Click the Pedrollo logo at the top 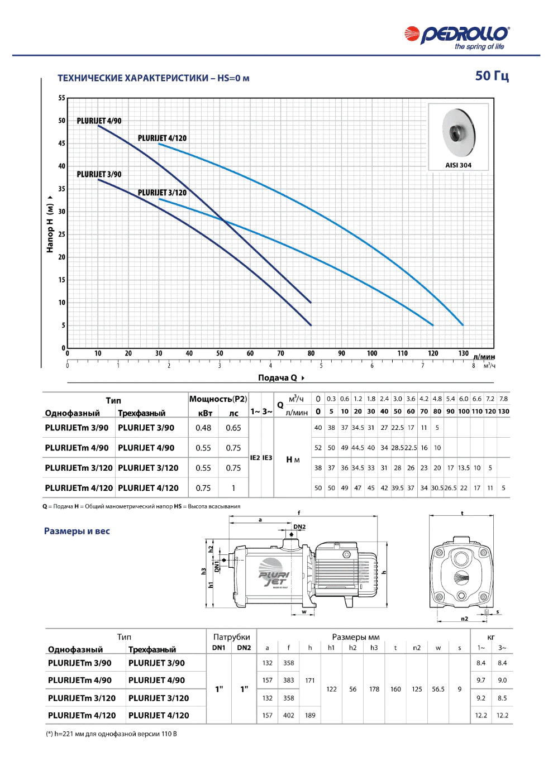point(457,37)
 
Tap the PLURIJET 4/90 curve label point(99,121)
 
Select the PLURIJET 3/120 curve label point(162,193)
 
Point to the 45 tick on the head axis point(61,143)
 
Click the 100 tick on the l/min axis point(372,353)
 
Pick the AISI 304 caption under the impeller point(458,165)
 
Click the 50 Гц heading point(492,76)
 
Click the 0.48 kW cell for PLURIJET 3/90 point(203,428)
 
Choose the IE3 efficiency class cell point(267,458)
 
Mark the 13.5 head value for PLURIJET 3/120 point(464,468)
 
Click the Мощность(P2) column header point(218,399)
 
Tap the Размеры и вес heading point(77,531)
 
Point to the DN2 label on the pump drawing point(299,526)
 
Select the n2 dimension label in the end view point(465,619)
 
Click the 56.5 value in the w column point(438,689)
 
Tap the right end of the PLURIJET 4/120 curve point(463,325)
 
